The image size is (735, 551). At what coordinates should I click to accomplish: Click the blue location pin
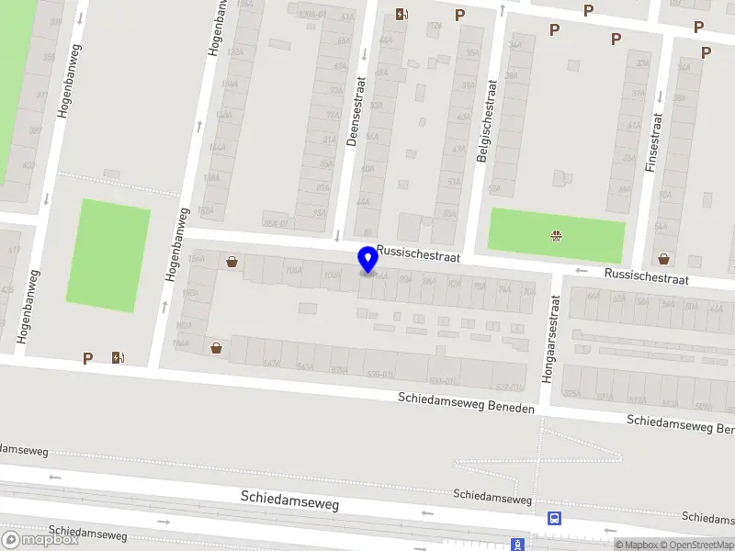[368, 260]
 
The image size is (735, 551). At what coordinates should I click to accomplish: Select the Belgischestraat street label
[486, 120]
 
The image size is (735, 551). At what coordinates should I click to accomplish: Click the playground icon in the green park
[556, 235]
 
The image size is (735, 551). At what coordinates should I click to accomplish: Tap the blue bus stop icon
[554, 517]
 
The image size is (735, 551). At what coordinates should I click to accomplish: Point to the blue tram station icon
[517, 544]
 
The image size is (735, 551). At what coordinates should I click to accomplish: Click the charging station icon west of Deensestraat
[401, 14]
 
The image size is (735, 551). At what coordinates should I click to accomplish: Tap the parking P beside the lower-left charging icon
[87, 358]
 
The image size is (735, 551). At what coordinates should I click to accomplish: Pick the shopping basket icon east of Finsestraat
[663, 259]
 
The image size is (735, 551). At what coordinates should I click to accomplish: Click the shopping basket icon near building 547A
[216, 347]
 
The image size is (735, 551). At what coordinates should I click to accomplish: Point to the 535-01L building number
[380, 375]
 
